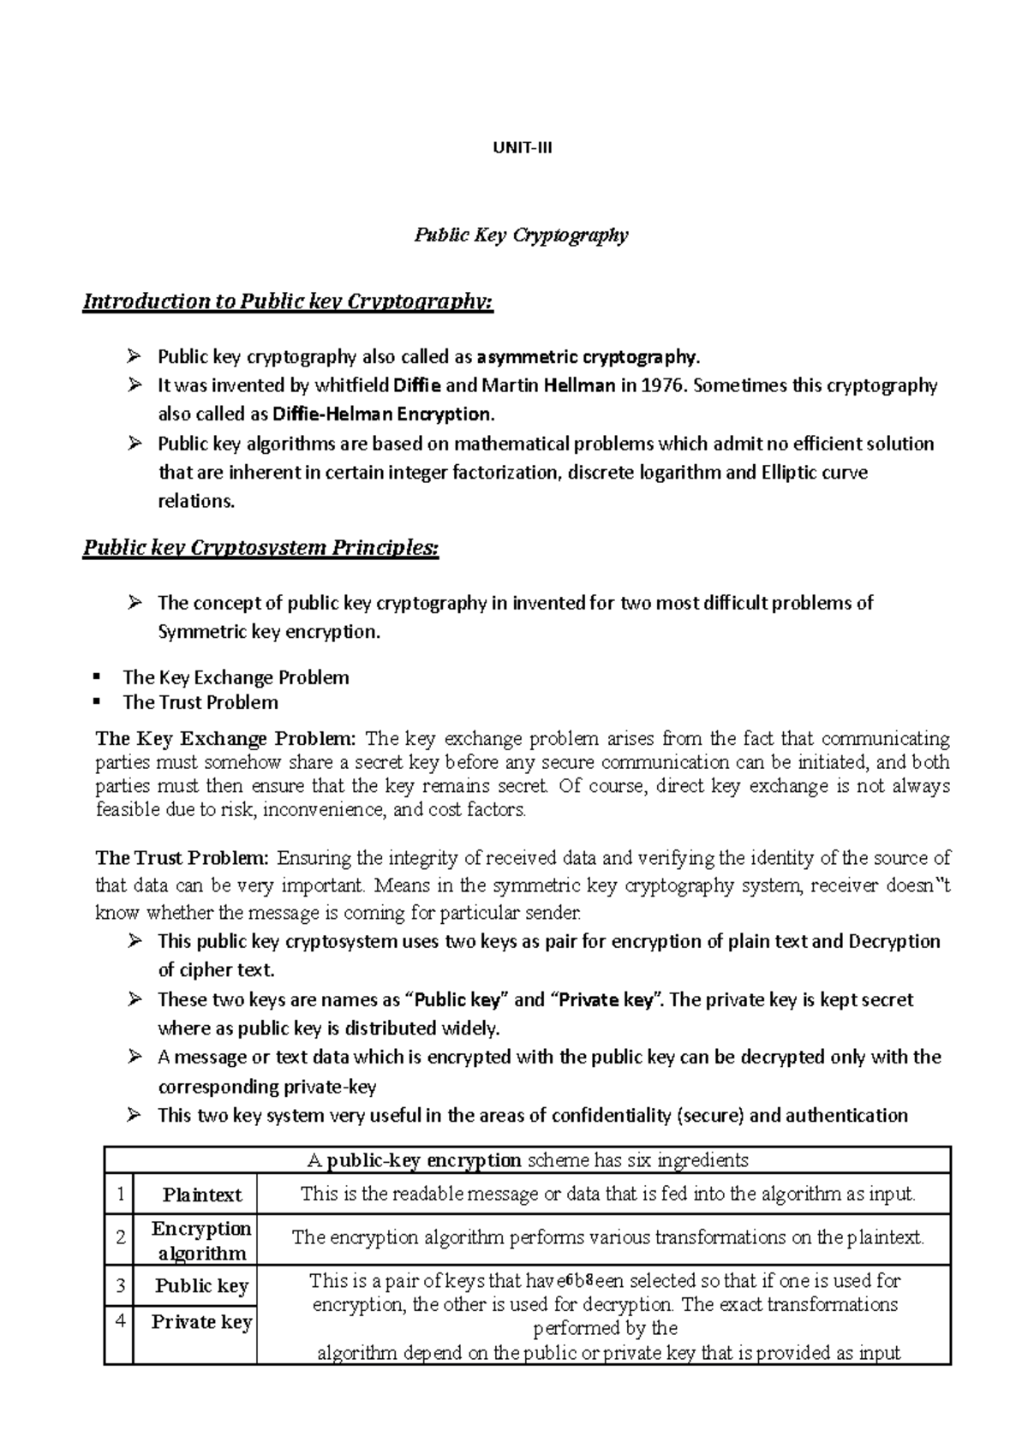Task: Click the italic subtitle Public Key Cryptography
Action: pos(522,235)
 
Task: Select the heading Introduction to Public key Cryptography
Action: pos(288,301)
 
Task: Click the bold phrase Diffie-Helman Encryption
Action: pos(383,414)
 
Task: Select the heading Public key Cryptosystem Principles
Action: pos(260,548)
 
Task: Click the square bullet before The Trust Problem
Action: pos(98,702)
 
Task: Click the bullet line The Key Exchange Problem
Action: pos(236,677)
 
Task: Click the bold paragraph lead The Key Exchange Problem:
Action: pos(225,738)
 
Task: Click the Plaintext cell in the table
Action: pos(202,1195)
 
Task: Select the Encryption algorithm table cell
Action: pos(201,1241)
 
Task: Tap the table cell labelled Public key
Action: pos(201,1286)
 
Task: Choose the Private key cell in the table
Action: pos(201,1322)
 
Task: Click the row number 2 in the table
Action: pos(121,1237)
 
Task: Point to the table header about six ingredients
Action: pos(527,1160)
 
